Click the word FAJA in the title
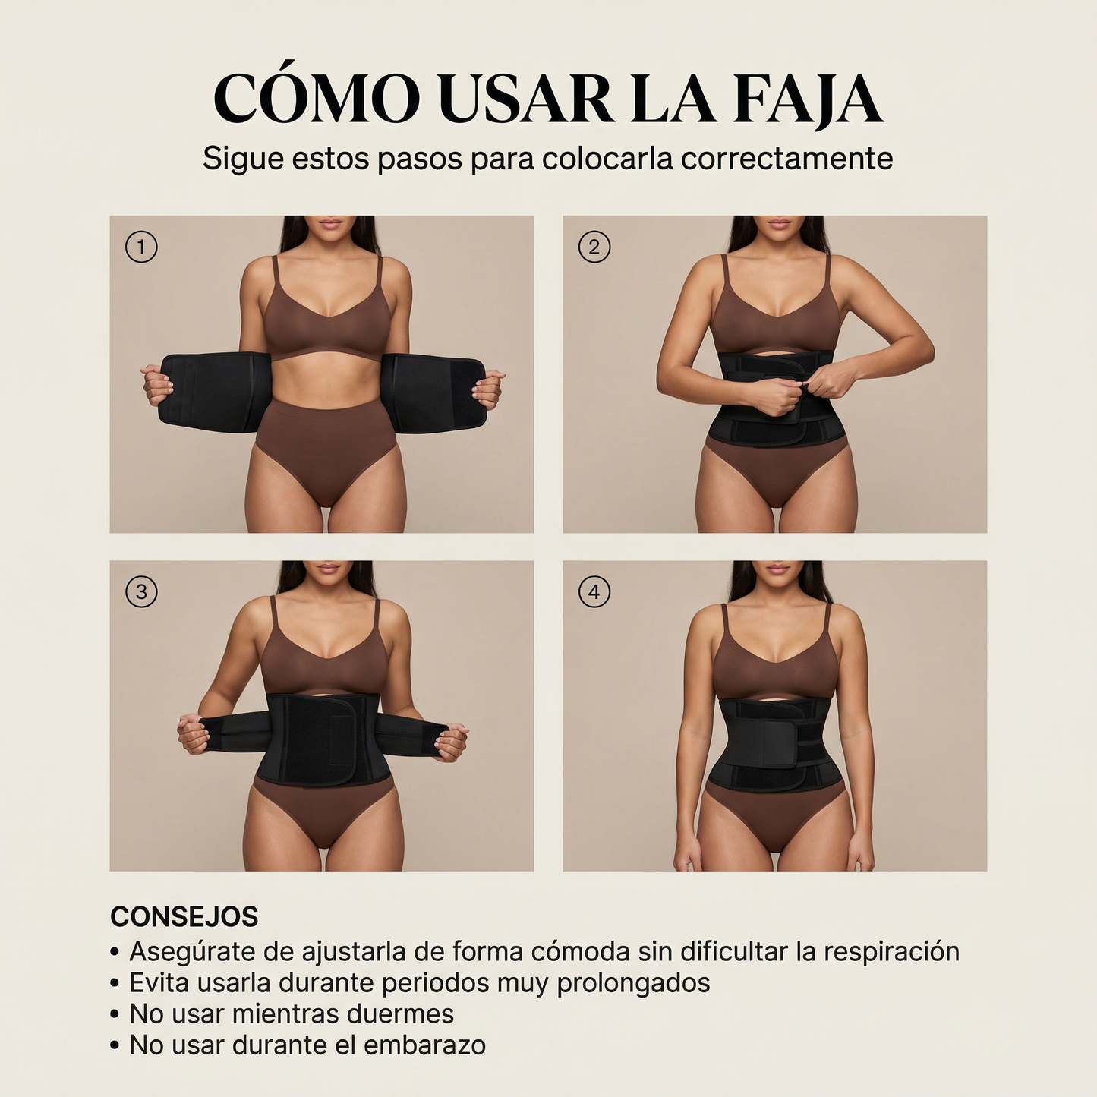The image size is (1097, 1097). click(808, 99)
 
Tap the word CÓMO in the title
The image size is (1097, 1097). click(316, 99)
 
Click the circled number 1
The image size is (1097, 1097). click(141, 247)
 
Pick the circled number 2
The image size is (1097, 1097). click(594, 247)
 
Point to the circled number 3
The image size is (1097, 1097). click(141, 592)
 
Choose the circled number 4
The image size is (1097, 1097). click(594, 592)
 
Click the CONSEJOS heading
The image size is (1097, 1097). click(184, 917)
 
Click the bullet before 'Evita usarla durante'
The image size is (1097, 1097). click(115, 983)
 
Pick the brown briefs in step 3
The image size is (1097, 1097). click(325, 812)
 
